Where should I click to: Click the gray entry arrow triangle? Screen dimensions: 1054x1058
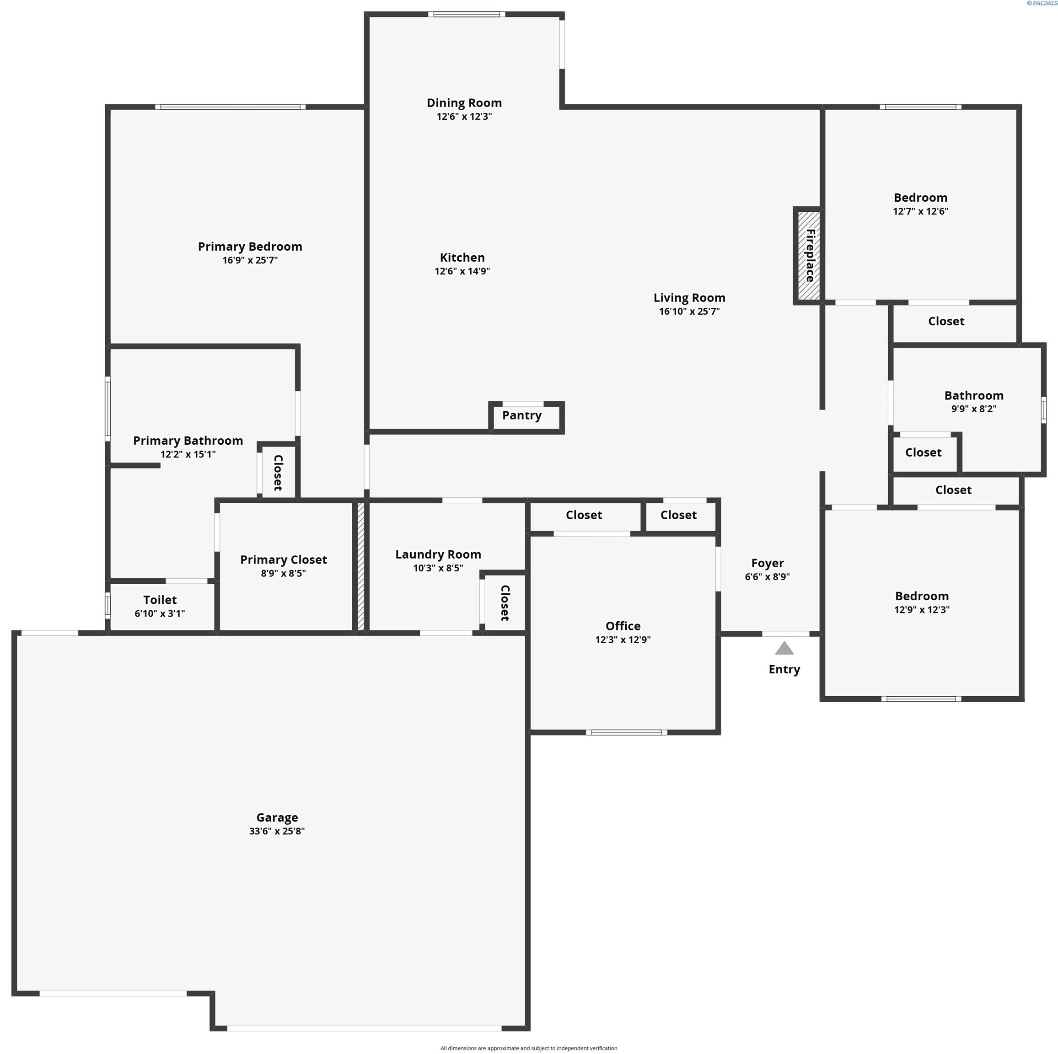coord(784,649)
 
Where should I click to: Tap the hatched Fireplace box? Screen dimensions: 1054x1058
coord(808,255)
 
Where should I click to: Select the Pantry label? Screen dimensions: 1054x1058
coord(521,415)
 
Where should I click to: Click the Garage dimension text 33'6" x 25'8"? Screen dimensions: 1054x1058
coord(277,831)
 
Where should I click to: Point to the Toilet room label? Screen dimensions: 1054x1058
coord(160,600)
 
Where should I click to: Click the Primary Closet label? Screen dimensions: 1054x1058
coord(283,559)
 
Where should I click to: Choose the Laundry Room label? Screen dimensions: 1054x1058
coord(438,554)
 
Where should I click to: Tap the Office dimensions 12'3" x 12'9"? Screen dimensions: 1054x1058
coord(623,639)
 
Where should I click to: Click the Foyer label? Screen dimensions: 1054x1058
coord(767,563)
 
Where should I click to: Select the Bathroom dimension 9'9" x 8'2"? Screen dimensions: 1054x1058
coord(974,409)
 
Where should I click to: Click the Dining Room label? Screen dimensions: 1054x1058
coord(464,103)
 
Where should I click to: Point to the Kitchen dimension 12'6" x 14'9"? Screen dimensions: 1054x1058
coord(462,271)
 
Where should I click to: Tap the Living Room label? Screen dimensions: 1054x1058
coord(689,298)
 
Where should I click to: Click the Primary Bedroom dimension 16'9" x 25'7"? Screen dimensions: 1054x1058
coord(250,260)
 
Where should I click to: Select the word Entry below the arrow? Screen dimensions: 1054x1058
coord(784,669)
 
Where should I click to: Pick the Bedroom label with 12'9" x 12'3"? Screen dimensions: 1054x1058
coord(922,596)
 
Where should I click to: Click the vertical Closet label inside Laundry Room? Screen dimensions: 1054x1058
coord(505,602)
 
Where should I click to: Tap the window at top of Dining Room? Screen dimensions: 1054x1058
coord(467,14)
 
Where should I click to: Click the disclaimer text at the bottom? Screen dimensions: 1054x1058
coord(528,1048)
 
